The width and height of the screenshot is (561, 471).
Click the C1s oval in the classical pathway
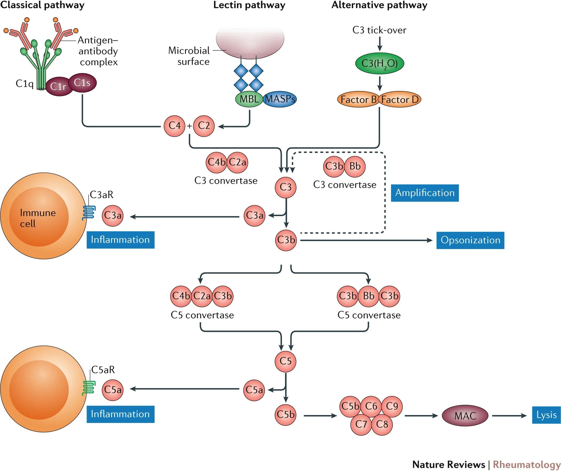pos(82,83)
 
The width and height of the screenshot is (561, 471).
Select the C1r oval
pos(59,86)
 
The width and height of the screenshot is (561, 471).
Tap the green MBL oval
pos(249,99)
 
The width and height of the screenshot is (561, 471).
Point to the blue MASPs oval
pos(280,99)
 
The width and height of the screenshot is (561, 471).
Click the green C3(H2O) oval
pos(379,64)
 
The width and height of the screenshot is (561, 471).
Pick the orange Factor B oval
pos(358,100)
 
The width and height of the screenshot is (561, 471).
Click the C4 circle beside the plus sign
pos(174,126)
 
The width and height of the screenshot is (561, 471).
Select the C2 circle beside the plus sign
pos(204,126)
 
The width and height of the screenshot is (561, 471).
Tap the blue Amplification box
pos(425,193)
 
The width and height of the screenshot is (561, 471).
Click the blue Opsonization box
pos(470,240)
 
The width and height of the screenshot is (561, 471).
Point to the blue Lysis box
pos(546,415)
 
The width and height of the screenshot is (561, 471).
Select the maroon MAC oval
pos(465,415)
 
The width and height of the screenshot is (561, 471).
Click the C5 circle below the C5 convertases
pos(286,361)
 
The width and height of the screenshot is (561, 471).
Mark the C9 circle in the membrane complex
pos(392,406)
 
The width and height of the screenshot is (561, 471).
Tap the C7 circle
pos(361,424)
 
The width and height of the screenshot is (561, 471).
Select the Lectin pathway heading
pos(249,5)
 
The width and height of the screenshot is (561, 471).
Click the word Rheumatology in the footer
pos(527,465)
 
